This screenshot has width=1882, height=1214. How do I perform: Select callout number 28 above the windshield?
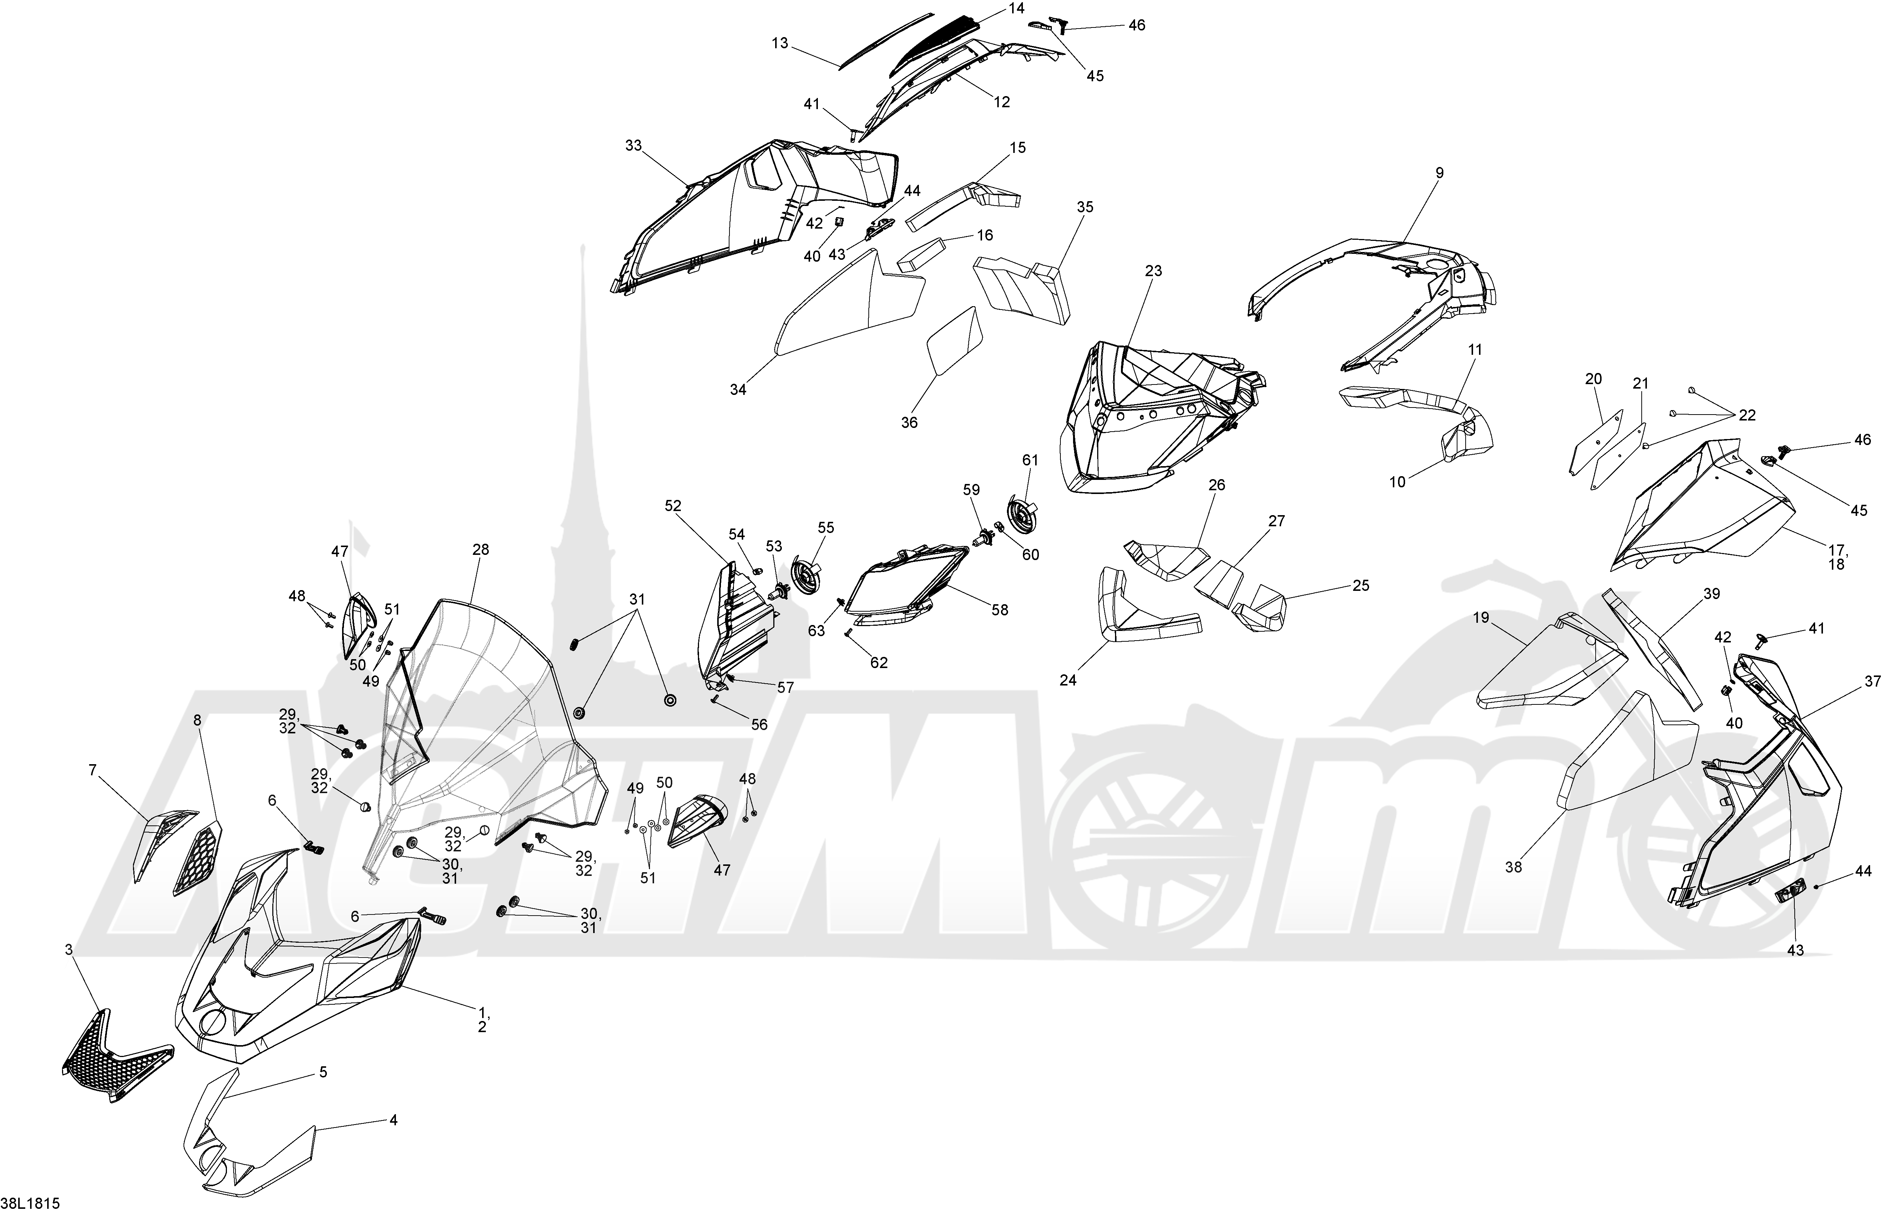480,549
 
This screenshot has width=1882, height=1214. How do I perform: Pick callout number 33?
633,146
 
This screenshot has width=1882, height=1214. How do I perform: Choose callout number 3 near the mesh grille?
69,950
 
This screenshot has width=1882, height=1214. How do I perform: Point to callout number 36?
910,422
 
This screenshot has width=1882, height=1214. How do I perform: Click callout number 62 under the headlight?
879,663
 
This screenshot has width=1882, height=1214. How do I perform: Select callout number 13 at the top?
780,43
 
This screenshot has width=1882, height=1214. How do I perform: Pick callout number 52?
673,506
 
